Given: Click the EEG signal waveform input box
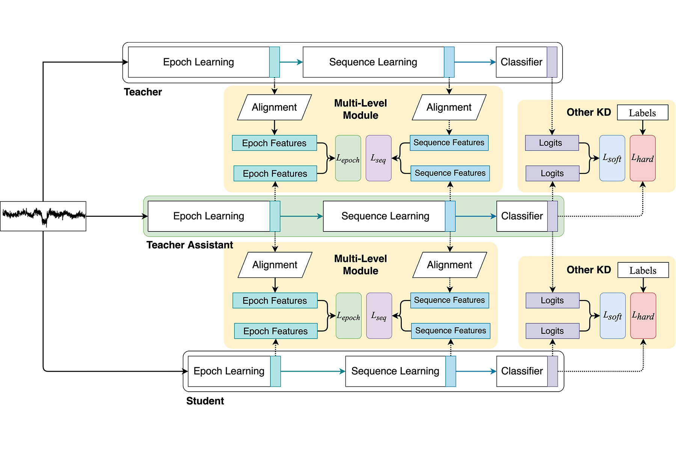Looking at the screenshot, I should point(43,216).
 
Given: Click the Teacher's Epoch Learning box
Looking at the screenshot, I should point(199,62).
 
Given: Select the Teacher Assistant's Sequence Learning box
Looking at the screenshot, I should point(385,216).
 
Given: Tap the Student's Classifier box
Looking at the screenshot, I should point(522,371).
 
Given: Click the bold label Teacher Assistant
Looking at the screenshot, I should point(190,245).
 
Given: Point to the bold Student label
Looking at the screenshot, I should point(205,401).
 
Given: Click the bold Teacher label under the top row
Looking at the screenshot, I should point(143,92).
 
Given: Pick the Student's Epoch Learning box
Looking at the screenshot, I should point(229,371).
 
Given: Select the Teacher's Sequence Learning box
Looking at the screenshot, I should point(373,62).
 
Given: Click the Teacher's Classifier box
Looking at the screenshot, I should point(521,62).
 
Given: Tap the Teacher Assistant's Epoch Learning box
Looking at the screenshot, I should point(209,216).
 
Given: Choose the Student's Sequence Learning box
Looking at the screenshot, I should point(395,371).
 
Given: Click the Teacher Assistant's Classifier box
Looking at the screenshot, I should point(522,216).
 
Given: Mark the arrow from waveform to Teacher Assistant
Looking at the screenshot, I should point(116,216).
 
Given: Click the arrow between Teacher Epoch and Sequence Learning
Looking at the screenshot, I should point(291,62).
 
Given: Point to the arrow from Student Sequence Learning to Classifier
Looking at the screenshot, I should point(476,371).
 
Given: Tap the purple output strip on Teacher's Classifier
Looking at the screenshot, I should point(552,62).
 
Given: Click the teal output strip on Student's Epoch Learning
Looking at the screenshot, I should point(276,371).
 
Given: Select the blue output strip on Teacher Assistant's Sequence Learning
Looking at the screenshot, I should point(450,216).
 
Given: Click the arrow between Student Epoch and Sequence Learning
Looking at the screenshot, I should point(313,371).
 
